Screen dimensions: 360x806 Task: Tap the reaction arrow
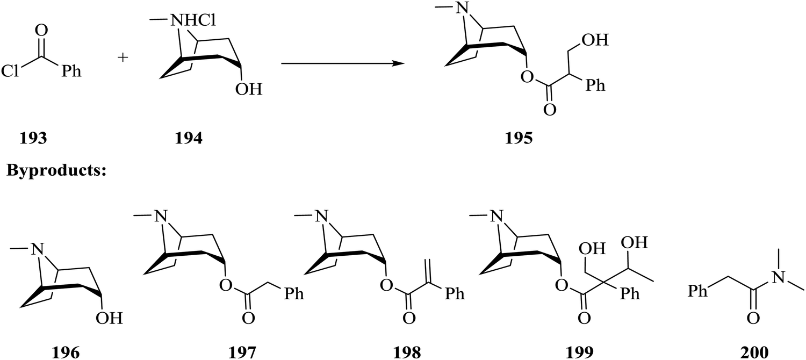[x=343, y=63]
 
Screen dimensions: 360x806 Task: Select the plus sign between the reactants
[x=124, y=58]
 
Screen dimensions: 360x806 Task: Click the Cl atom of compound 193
[x=11, y=71]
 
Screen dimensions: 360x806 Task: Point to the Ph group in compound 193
[x=70, y=71]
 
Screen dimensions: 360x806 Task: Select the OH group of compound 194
[x=248, y=89]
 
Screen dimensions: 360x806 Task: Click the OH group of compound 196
[x=109, y=319]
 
